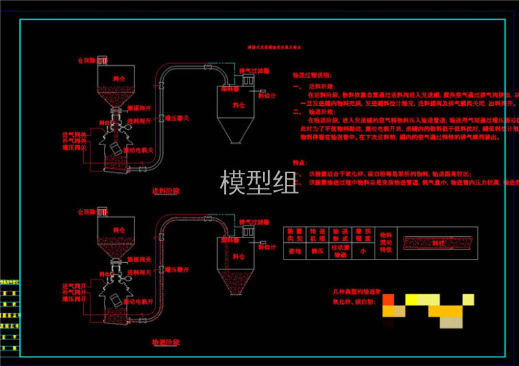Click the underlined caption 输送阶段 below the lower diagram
[x=166, y=342]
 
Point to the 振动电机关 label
[x=140, y=150]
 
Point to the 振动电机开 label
[x=140, y=301]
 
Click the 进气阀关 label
[x=75, y=134]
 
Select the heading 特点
[x=299, y=162]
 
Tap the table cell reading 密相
[x=295, y=252]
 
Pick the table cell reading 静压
[x=317, y=252]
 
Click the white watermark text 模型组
[x=259, y=182]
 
